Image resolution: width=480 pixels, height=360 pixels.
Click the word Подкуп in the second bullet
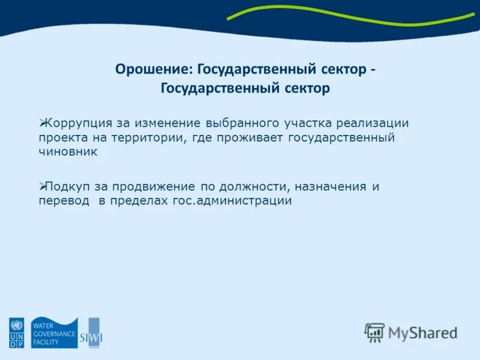click(x=66, y=187)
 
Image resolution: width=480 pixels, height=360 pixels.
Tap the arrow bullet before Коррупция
click(x=43, y=122)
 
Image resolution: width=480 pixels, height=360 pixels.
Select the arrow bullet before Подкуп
click(x=43, y=186)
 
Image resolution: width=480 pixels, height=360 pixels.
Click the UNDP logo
click(x=16, y=333)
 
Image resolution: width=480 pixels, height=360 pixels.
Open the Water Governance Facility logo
click(x=54, y=333)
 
